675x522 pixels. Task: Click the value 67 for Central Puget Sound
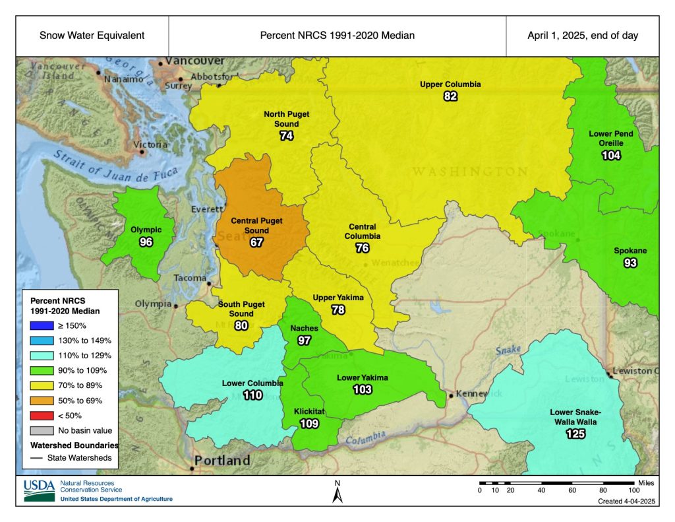coord(257,243)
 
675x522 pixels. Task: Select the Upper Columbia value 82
coord(450,96)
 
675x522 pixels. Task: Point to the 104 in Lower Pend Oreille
coord(611,156)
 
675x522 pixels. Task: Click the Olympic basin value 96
coord(146,242)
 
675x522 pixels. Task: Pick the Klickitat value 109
coord(309,423)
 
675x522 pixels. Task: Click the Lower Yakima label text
coord(363,377)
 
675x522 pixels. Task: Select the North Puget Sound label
coord(286,119)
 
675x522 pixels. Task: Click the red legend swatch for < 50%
coord(38,415)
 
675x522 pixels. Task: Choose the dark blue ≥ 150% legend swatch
coord(38,325)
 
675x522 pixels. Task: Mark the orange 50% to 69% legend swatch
coord(38,400)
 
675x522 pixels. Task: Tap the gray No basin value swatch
coord(38,430)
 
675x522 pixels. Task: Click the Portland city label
coord(221,460)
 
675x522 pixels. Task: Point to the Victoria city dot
coord(142,152)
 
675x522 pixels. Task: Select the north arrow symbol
coord(337,492)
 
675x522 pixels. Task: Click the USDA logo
coord(40,490)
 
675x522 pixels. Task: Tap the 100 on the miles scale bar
coord(633,490)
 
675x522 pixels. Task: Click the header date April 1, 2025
coord(582,36)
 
